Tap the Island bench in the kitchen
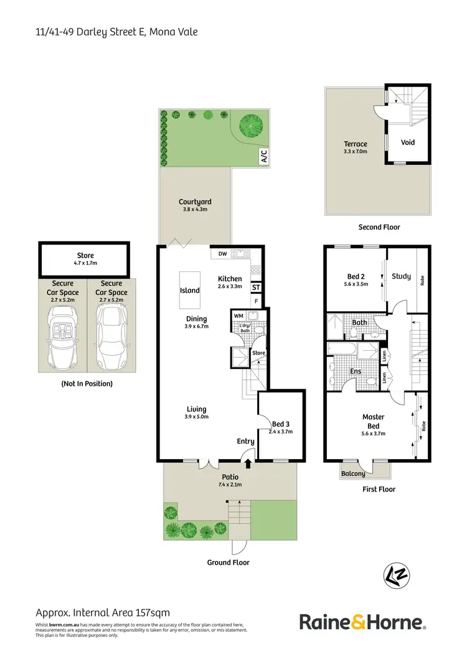pos(190,290)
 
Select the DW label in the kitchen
pos(222,254)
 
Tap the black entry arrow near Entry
pos(248,463)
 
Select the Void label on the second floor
pos(407,142)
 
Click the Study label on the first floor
pos(401,276)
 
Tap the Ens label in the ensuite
pos(356,372)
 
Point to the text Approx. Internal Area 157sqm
pos(102,613)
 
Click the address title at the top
pos(116,30)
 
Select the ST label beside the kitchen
pos(256,288)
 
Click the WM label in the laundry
pos(238,316)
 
